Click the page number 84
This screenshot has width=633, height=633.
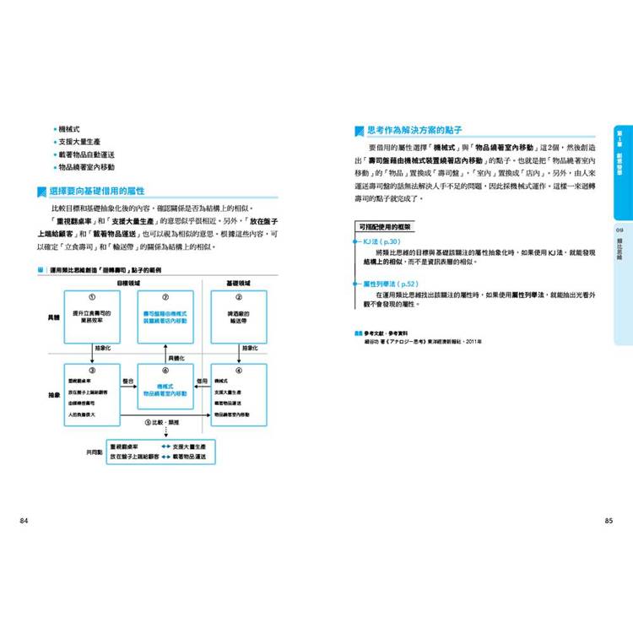(24, 521)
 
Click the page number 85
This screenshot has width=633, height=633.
(608, 521)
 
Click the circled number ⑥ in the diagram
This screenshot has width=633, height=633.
(165, 369)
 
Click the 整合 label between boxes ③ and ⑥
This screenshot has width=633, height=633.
(128, 381)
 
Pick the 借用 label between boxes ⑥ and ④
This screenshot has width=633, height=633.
(202, 381)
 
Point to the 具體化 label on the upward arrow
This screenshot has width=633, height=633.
(176, 358)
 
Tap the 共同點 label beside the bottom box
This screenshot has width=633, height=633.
(94, 452)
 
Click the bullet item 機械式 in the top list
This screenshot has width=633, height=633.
(70, 128)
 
